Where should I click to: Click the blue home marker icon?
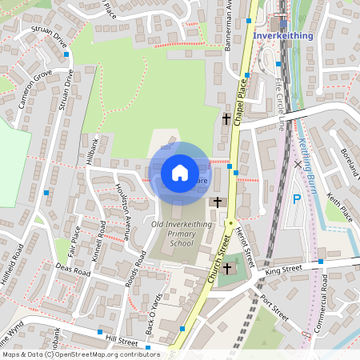(180, 172)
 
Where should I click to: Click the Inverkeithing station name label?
(284, 36)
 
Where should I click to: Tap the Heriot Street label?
(245, 242)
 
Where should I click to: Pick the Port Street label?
(274, 308)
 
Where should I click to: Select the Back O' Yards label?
(155, 310)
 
